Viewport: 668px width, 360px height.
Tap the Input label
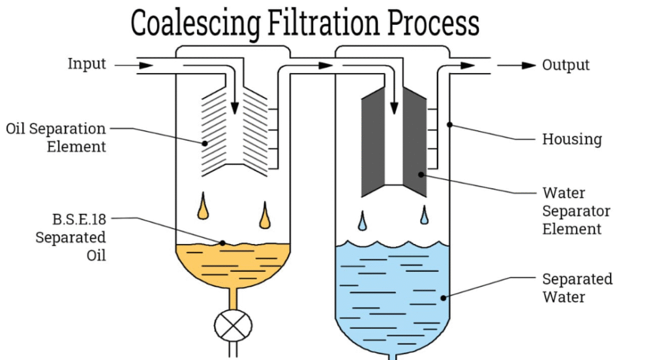pyautogui.click(x=87, y=65)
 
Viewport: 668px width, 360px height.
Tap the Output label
pyautogui.click(x=566, y=65)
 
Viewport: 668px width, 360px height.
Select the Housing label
pyautogui.click(x=571, y=139)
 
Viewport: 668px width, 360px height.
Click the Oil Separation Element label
pyautogui.click(x=56, y=137)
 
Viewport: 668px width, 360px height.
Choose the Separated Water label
pyautogui.click(x=577, y=288)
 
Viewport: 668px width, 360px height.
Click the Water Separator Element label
pyautogui.click(x=576, y=211)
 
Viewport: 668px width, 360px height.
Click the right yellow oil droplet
pyautogui.click(x=264, y=217)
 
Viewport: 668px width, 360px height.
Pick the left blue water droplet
pyautogui.click(x=363, y=222)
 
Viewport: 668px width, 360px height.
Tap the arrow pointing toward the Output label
pyautogui.click(x=519, y=65)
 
